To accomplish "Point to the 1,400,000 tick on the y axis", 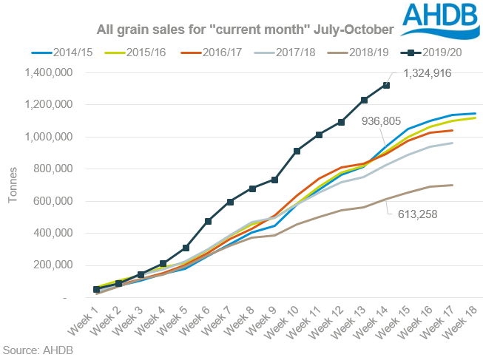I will coord(46,72).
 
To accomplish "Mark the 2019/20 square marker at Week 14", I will coord(386,86).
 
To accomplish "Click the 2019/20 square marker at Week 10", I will coord(297,151).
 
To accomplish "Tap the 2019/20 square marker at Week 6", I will coord(208,221).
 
